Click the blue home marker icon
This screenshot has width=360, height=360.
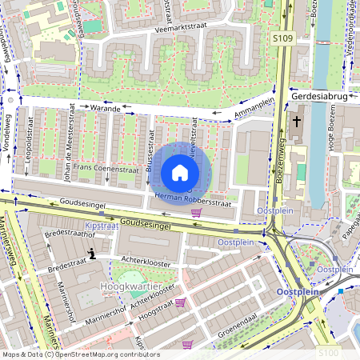point(180,173)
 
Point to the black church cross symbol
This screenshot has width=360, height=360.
point(296,122)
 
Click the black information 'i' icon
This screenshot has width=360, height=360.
point(92,254)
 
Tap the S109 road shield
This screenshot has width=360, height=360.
point(282,37)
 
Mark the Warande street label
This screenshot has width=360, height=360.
point(104,106)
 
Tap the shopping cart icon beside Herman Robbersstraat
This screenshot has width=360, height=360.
point(196,213)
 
